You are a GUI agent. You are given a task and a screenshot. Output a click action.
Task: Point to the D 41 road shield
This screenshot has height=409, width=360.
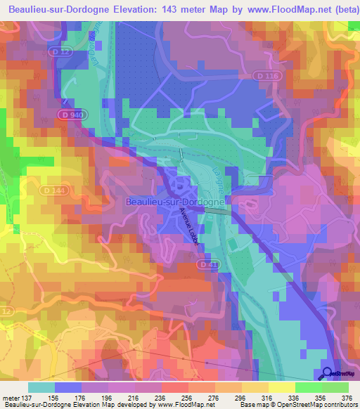click(205, 264)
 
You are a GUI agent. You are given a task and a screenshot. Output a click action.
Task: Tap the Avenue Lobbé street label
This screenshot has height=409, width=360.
click(188, 225)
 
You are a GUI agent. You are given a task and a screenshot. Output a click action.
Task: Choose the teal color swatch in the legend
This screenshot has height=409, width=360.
click(41, 387)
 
